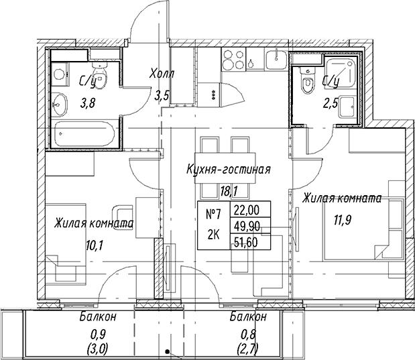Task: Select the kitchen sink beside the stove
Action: coord(276,60)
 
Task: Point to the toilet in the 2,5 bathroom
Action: coord(307,80)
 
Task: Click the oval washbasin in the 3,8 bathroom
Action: coord(60,105)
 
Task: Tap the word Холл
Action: coord(162,74)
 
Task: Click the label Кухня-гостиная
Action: coord(229,169)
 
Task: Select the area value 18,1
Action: coord(229,191)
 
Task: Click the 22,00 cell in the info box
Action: coord(247,210)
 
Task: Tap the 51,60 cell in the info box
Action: coord(246,242)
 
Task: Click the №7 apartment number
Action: coord(213,214)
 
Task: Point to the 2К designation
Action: coord(213,235)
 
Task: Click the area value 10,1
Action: coord(95,246)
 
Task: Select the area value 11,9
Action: coord(342,220)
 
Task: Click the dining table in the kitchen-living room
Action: coord(225,168)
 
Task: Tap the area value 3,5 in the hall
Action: coord(162,96)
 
